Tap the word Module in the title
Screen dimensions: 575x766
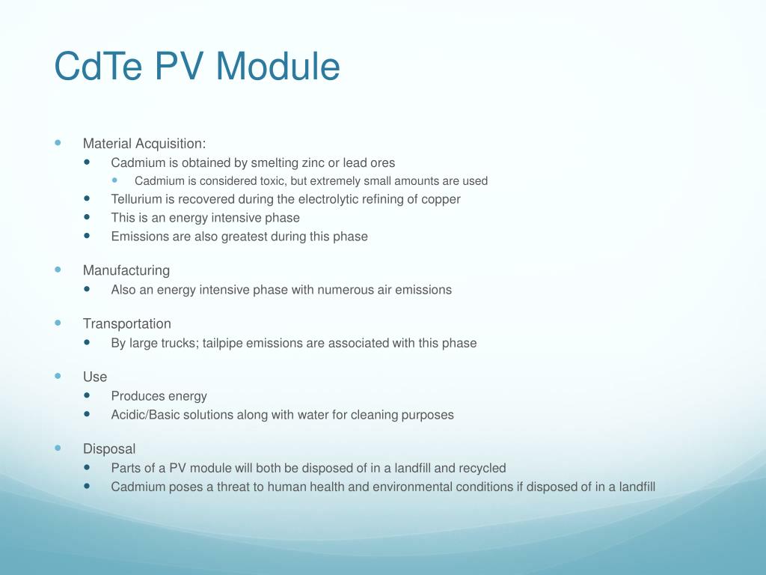coord(278,67)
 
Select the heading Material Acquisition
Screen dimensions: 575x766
coord(144,143)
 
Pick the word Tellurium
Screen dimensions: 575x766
coord(138,199)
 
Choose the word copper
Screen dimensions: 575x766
coord(441,199)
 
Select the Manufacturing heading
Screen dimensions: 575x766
coord(126,270)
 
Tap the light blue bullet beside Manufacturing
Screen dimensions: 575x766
coord(58,269)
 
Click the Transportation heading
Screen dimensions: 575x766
coord(126,323)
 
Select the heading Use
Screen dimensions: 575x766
coord(95,377)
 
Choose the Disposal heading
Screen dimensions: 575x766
coord(109,449)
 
